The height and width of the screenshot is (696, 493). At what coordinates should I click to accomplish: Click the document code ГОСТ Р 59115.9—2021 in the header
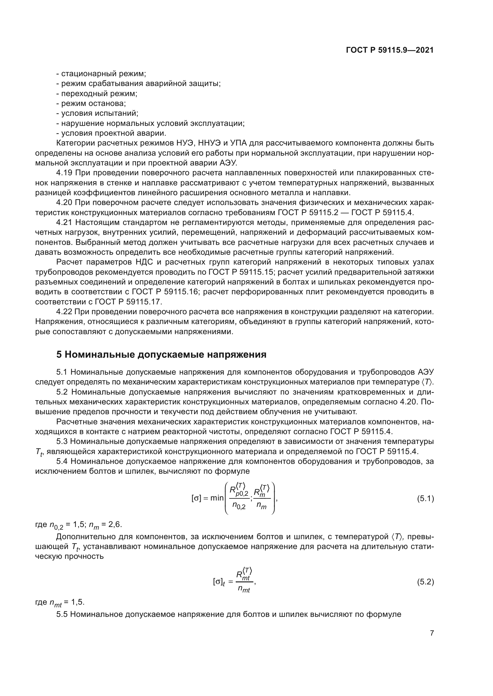[x=390, y=50]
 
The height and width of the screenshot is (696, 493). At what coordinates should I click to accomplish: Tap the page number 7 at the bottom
[x=432, y=633]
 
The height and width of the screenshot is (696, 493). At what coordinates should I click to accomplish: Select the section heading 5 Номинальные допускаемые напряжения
[x=161, y=355]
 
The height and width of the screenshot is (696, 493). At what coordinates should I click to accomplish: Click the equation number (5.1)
[x=425, y=499]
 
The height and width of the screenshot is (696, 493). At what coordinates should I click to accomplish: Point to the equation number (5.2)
[x=425, y=582]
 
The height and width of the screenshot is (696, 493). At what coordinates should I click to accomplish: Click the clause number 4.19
[x=64, y=173]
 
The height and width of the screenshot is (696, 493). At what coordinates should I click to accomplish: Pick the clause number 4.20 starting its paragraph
[x=64, y=203]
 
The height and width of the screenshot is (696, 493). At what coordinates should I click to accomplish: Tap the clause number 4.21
[x=64, y=223]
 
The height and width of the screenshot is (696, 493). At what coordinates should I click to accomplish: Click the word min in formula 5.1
[x=217, y=498]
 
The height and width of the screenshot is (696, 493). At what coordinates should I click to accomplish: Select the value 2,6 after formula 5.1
[x=115, y=524]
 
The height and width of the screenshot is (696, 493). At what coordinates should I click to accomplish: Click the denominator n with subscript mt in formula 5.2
[x=244, y=589]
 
